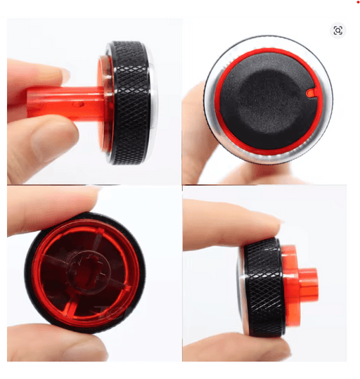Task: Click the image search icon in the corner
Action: click(337, 30)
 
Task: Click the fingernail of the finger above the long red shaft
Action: click(65, 75)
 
